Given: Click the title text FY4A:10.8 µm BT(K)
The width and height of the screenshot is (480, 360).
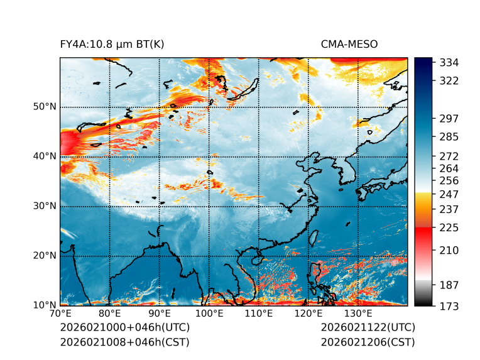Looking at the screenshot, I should pos(112,44).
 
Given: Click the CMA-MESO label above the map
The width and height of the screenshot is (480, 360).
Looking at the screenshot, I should pos(349,44).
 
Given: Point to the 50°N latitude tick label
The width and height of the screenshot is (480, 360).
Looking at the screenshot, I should pos(45,107).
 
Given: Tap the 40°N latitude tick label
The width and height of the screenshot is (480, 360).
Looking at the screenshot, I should pos(45,156).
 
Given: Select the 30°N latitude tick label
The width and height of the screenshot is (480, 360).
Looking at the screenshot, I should pos(45,206).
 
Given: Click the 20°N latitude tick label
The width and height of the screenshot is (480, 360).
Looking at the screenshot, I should pos(45,256).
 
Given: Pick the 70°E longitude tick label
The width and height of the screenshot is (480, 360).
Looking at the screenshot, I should pos(60,314).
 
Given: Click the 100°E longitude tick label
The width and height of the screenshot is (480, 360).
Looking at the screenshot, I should pos(209,314).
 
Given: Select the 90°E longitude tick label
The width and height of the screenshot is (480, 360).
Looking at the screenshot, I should pos(160,314).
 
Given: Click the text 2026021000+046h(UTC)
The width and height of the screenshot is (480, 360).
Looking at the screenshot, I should pos(124,328).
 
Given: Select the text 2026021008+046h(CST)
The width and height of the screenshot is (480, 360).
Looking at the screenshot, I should pos(124,342).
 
